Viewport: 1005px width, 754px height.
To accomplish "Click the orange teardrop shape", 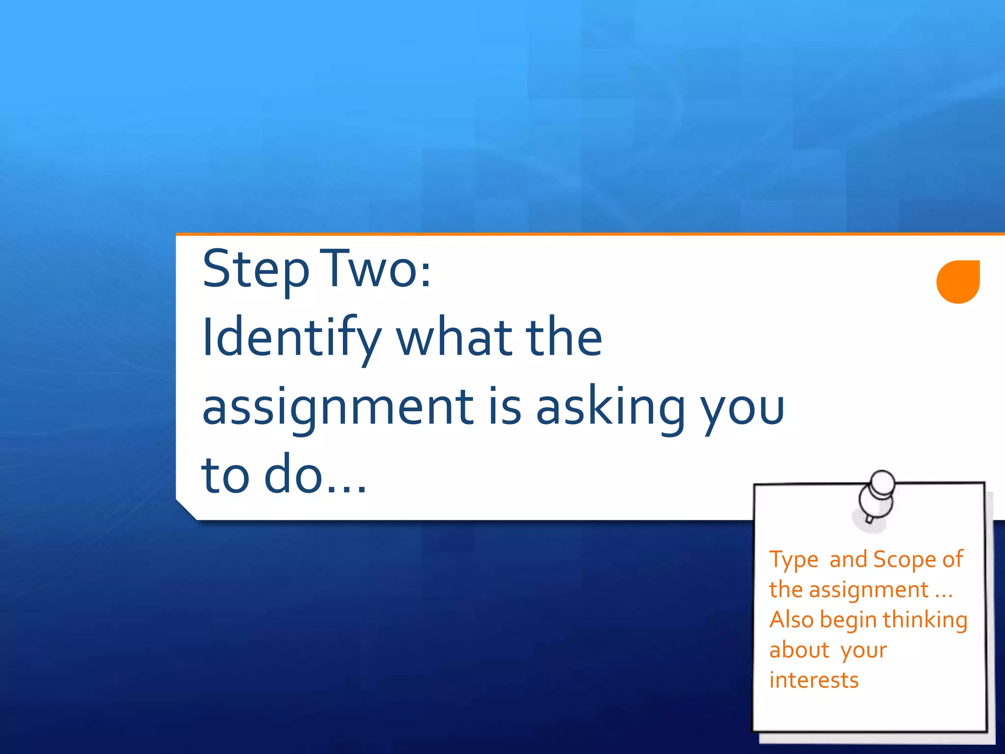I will (958, 282).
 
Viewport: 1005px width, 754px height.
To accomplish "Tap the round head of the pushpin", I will (882, 483).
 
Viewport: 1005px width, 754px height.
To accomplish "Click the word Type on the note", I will (793, 560).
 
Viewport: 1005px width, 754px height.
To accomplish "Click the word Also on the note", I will (792, 619).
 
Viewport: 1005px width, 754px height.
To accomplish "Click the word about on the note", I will (799, 650).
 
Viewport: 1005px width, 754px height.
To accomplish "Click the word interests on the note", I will (814, 680).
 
